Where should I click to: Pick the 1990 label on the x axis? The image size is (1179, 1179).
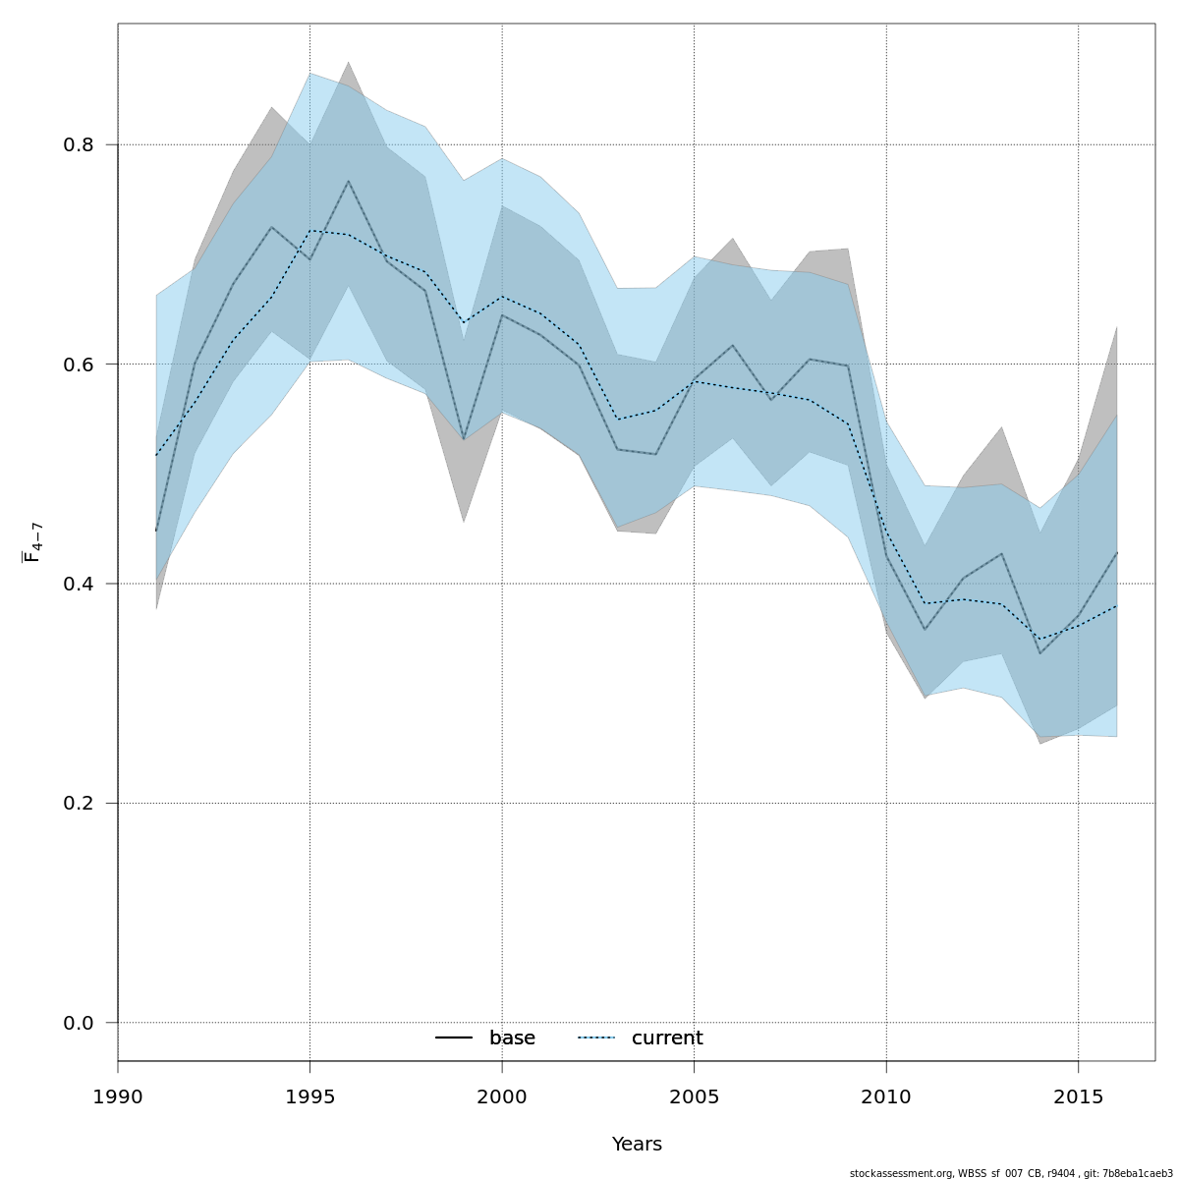point(118,1095)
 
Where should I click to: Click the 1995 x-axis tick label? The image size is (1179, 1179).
point(309,1095)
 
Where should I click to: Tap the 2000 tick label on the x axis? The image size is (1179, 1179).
point(502,1095)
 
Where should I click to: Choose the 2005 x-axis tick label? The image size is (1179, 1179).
point(694,1095)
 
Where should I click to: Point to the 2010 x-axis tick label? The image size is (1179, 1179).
point(886,1095)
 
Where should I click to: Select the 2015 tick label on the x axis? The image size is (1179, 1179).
point(1078,1095)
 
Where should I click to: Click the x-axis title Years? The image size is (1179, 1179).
point(637,1145)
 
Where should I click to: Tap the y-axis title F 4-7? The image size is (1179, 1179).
point(32,542)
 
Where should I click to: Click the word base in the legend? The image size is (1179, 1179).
point(512,1039)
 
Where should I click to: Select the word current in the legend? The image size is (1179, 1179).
point(667,1039)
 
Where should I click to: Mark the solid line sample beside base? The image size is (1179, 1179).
point(454,1039)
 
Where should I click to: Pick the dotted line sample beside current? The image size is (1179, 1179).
point(595,1039)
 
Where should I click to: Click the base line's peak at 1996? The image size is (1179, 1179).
point(348,181)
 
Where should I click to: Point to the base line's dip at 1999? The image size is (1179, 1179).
point(464,438)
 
